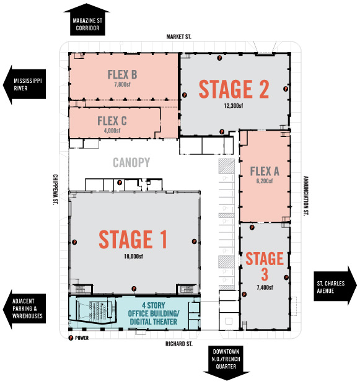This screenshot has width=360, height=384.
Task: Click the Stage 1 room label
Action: (133, 239)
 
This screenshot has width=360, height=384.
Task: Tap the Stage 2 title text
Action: (234, 89)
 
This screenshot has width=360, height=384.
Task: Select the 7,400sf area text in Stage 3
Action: (265, 287)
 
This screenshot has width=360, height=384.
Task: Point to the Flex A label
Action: (265, 171)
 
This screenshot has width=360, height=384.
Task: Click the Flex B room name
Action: (122, 75)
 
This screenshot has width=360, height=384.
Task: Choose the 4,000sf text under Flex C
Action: (112, 131)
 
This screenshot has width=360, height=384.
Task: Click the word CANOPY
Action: (131, 162)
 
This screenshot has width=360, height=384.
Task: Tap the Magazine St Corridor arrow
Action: (87, 20)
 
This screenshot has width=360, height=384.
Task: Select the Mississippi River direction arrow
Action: (24, 85)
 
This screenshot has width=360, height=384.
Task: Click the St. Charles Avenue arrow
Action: (335, 286)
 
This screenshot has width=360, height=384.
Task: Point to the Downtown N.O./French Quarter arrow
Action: (226, 363)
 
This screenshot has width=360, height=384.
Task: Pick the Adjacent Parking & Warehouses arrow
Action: (24, 309)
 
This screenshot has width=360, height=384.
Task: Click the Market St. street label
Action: (179, 37)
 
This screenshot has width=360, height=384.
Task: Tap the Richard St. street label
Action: (179, 344)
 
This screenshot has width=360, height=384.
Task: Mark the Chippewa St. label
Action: (55, 190)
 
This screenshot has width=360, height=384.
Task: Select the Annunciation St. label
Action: (305, 196)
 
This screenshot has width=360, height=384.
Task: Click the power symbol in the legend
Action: (71, 338)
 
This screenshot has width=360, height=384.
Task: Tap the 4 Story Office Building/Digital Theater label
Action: (154, 313)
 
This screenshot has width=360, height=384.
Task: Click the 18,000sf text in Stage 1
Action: (133, 256)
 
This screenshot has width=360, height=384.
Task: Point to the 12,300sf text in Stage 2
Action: (234, 105)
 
